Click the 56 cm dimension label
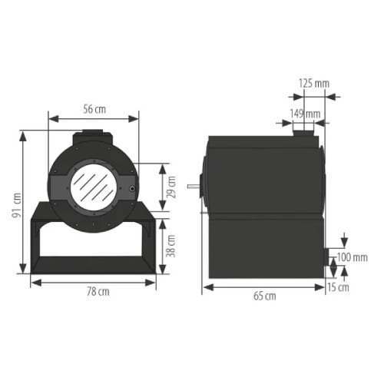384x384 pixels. tap(94, 109)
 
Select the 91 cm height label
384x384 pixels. tap(17, 205)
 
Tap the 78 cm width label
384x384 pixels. tap(98, 292)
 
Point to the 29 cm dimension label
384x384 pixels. tap(171, 187)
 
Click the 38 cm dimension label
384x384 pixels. tap(170, 246)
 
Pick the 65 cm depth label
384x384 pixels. tap(265, 296)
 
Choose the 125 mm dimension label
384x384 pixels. tap(314, 84)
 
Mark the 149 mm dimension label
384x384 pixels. tap(305, 114)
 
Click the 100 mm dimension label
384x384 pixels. tap(353, 257)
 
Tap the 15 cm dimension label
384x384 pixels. tap(338, 287)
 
